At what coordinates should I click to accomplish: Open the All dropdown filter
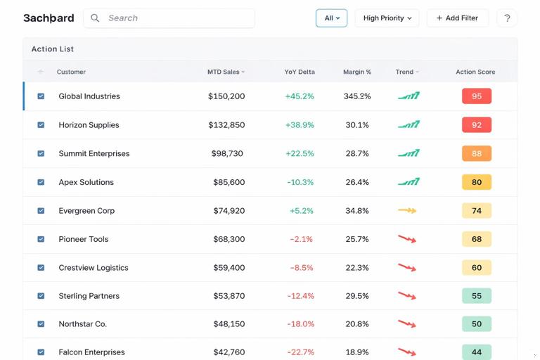pyautogui.click(x=331, y=18)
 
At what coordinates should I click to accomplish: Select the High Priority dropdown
pyautogui.click(x=387, y=18)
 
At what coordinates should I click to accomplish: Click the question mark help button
pyautogui.click(x=506, y=18)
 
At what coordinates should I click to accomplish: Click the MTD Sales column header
pyautogui.click(x=226, y=72)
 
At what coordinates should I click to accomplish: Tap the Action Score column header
pyautogui.click(x=475, y=72)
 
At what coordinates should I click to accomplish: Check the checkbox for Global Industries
pyautogui.click(x=41, y=96)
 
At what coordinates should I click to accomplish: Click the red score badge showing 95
pyautogui.click(x=476, y=96)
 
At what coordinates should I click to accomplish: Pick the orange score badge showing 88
pyautogui.click(x=476, y=153)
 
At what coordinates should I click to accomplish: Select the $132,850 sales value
pyautogui.click(x=226, y=125)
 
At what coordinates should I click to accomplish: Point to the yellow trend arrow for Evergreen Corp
pyautogui.click(x=407, y=210)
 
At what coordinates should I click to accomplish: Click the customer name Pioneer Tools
pyautogui.click(x=84, y=239)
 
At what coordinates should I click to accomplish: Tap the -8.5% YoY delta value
pyautogui.click(x=301, y=268)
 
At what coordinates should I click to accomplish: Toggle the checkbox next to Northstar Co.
pyautogui.click(x=41, y=324)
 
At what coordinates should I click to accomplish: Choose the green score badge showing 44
pyautogui.click(x=476, y=352)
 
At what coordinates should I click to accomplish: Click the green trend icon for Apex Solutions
pyautogui.click(x=409, y=181)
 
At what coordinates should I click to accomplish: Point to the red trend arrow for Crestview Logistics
pyautogui.click(x=407, y=267)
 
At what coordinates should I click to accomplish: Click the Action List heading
pyautogui.click(x=53, y=49)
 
